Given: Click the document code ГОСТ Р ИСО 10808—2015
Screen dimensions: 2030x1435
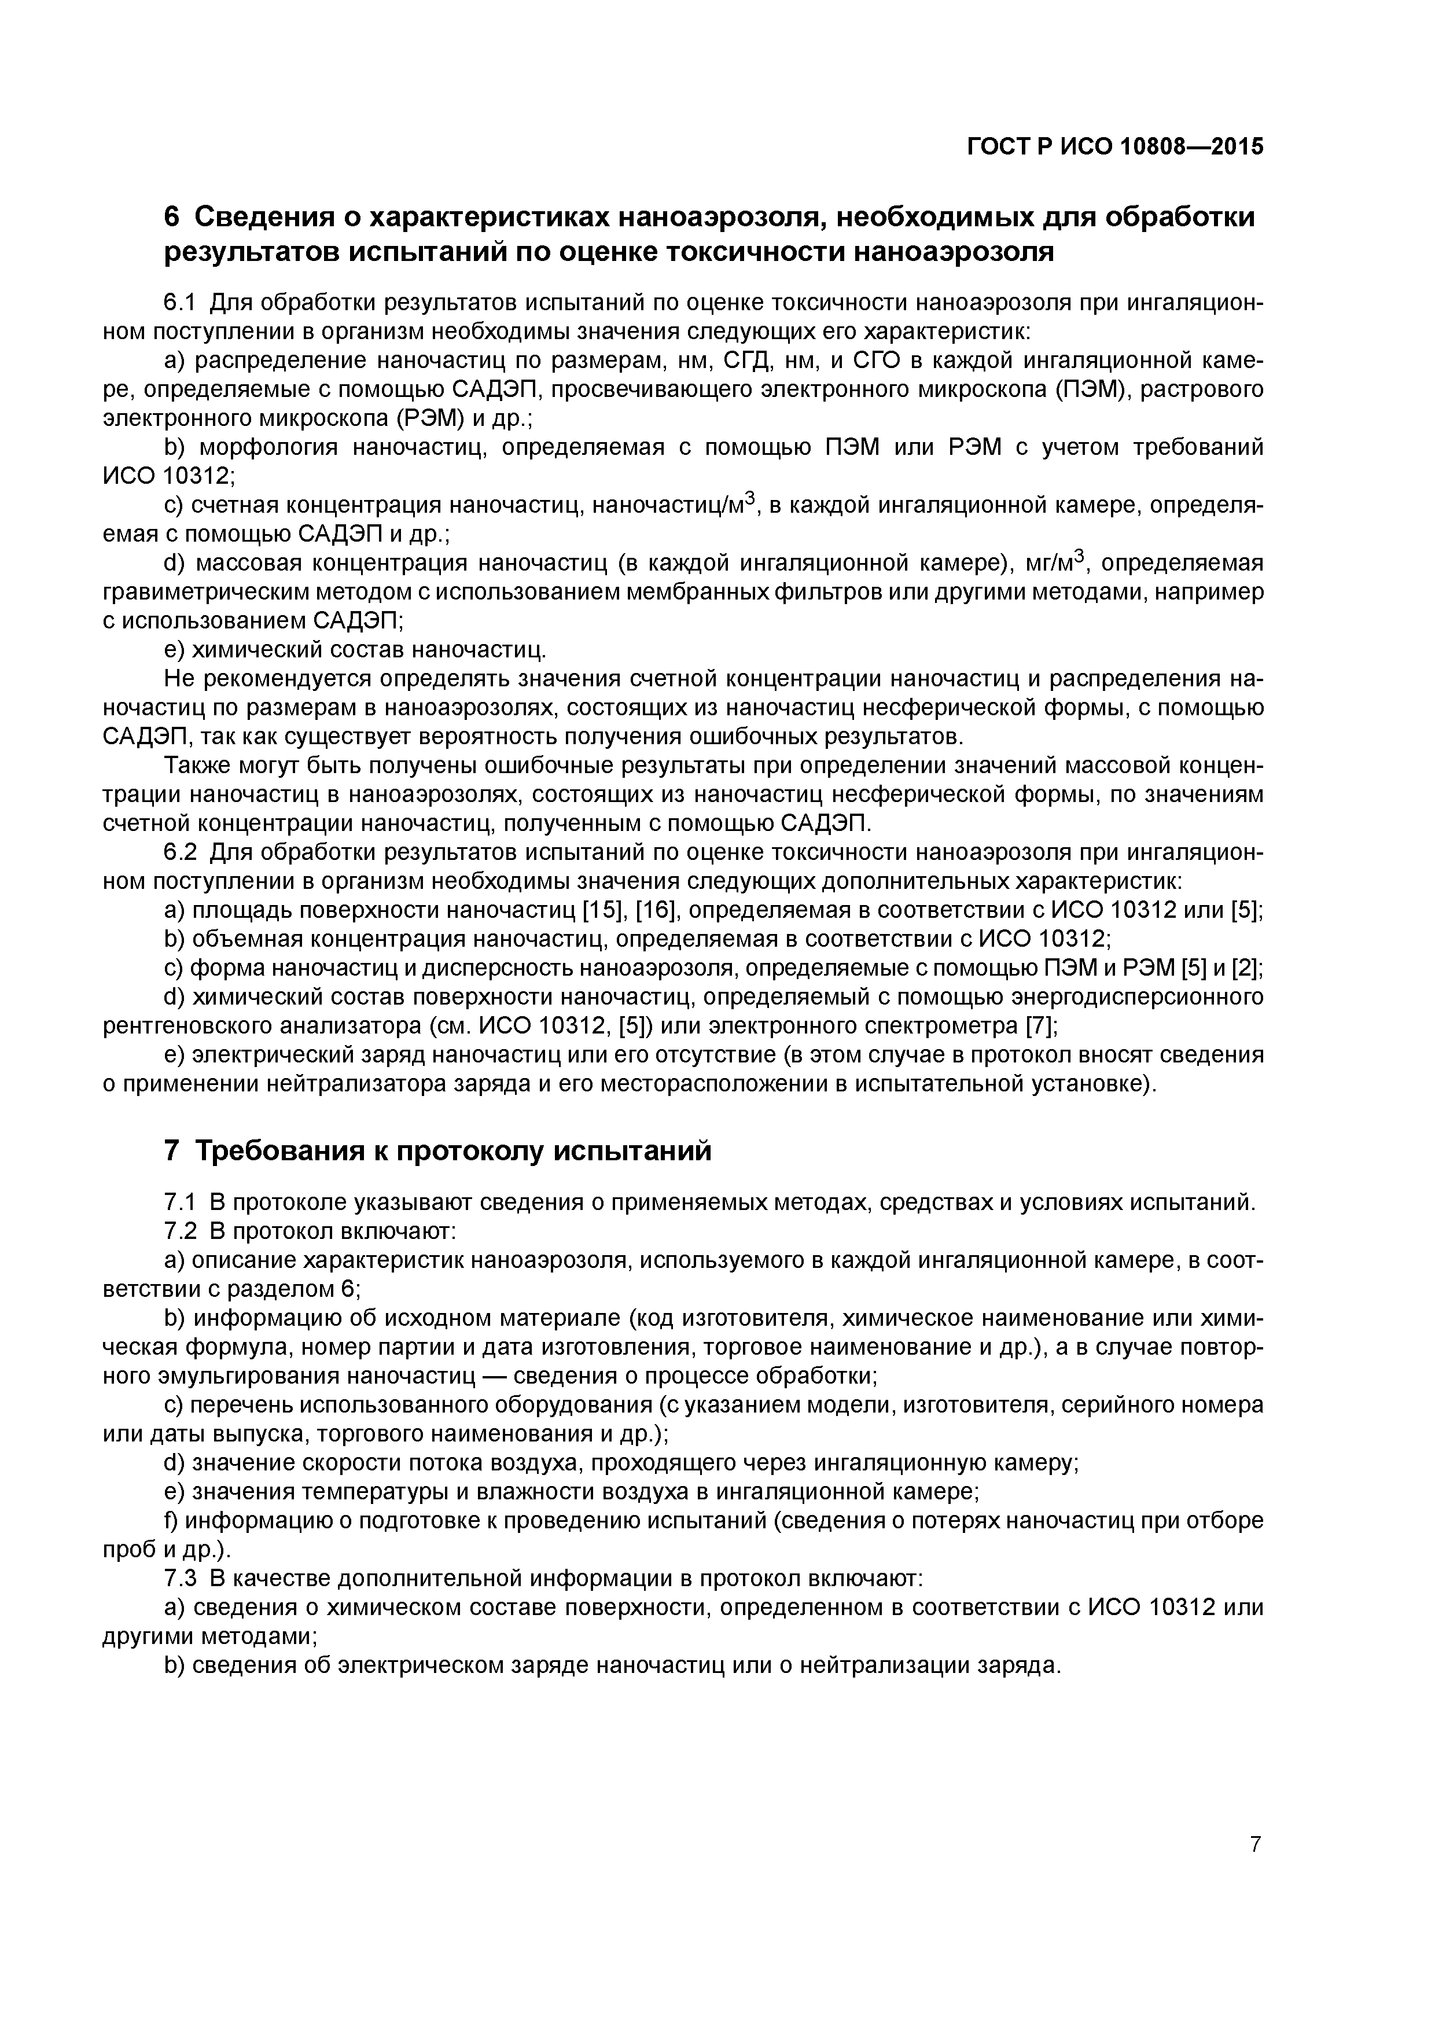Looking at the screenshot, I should tap(1116, 147).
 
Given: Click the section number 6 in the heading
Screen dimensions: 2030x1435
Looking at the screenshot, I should tap(172, 216).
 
